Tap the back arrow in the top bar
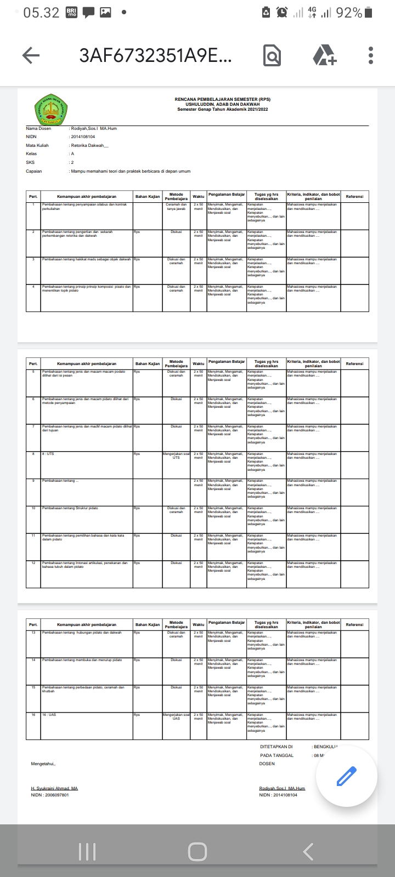coord(31,55)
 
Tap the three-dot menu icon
coord(371,55)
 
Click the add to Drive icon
coord(324,55)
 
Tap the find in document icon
coord(272,55)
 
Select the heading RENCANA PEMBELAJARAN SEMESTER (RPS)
coord(222,99)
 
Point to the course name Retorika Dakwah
coord(89,145)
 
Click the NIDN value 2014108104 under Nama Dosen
coord(83,136)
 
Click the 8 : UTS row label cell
coord(48,454)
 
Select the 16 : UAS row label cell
coord(49,715)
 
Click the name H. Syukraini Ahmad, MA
coord(54,788)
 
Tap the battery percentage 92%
coord(349,12)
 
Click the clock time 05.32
coord(41,12)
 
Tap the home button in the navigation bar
coord(198,851)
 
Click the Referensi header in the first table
coord(354,196)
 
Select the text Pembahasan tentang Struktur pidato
coord(70,508)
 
